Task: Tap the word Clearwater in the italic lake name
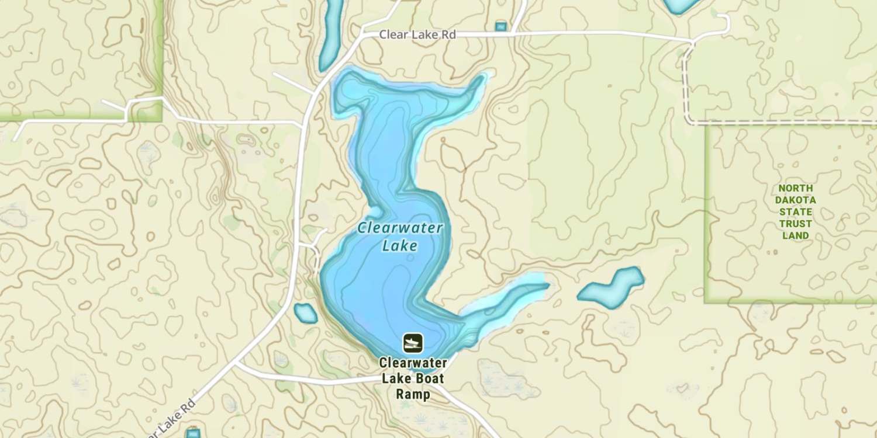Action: point(400,228)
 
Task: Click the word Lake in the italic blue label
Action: point(400,245)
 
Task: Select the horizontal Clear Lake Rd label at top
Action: point(417,35)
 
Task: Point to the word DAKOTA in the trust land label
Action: point(795,200)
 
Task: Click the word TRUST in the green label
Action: point(795,224)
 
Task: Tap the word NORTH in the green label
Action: point(795,189)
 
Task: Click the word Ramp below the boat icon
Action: point(413,394)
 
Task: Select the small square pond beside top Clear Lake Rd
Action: point(500,26)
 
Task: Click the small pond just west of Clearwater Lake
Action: point(305,314)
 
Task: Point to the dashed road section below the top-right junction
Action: point(685,88)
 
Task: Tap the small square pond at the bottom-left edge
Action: point(192,433)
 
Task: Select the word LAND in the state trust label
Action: point(795,236)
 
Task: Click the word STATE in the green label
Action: point(795,212)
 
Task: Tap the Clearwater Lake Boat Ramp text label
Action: point(412,378)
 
